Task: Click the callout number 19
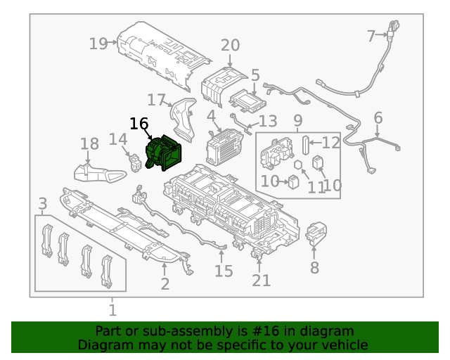[x=98, y=44]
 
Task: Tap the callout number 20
[x=230, y=46]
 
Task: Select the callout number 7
[x=371, y=35]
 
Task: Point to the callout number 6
[x=378, y=117]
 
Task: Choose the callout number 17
[x=156, y=100]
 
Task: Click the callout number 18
[x=89, y=144]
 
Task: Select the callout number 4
[x=211, y=115]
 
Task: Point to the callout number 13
[x=269, y=121]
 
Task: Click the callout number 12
[x=330, y=143]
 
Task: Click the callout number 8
[x=314, y=268]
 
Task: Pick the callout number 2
[x=165, y=284]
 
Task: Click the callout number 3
[x=42, y=205]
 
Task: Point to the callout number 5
[x=255, y=75]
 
